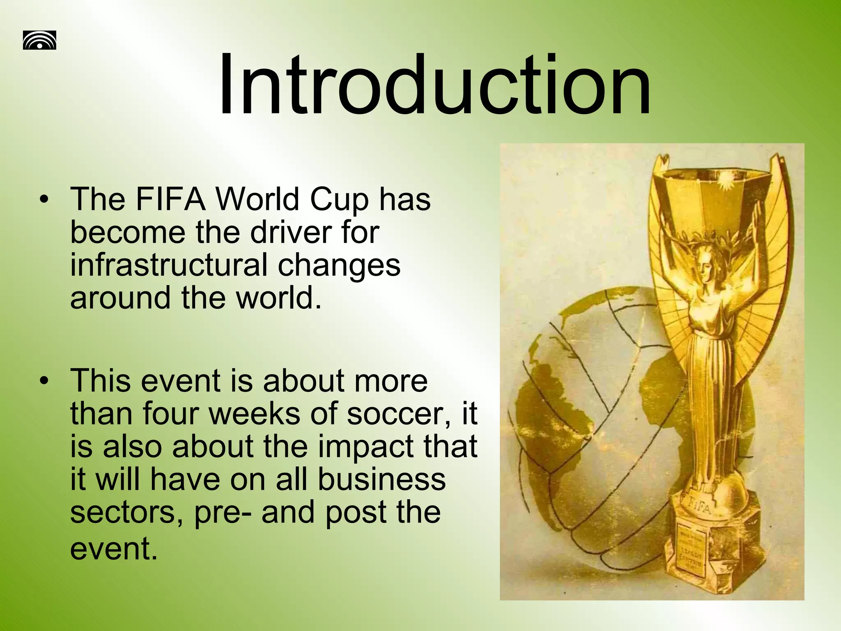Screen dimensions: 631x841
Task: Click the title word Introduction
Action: [x=434, y=85]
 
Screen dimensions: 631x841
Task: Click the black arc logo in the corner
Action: [x=39, y=40]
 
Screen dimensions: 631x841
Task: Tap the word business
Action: [x=381, y=479]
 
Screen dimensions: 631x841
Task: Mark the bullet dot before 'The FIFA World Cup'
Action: [x=44, y=200]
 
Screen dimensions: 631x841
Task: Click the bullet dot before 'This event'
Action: [x=44, y=381]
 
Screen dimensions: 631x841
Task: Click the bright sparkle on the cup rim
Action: [x=724, y=178]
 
